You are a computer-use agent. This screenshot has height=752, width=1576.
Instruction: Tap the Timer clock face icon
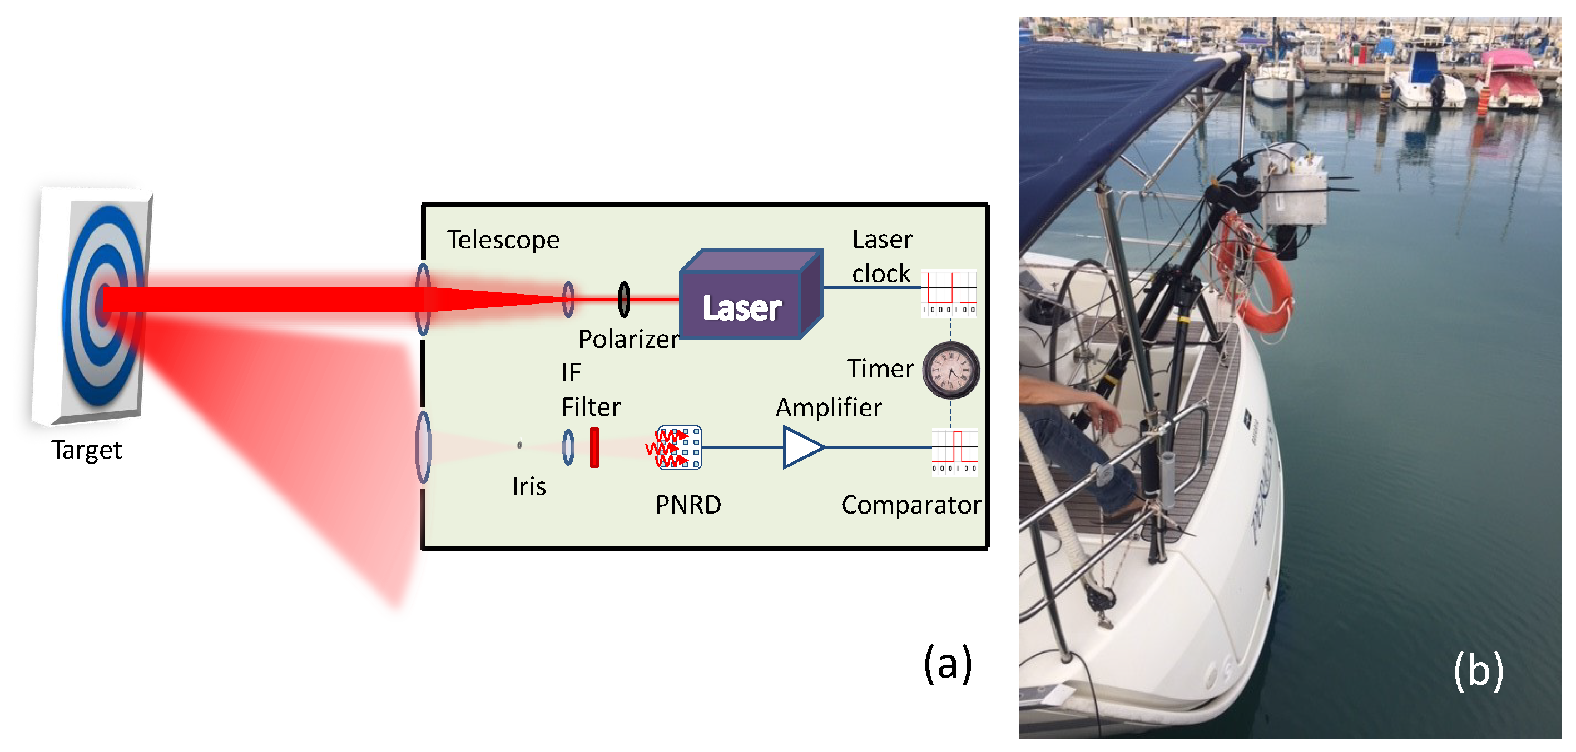coord(950,371)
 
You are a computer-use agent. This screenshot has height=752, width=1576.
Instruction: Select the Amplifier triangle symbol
coord(801,447)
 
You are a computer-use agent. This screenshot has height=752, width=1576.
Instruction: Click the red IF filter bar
coord(594,447)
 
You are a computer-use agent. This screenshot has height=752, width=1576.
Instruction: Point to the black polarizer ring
coord(623,299)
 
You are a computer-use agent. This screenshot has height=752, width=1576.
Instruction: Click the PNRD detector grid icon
coord(679,447)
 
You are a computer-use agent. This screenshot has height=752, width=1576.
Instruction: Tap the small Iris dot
coord(519,445)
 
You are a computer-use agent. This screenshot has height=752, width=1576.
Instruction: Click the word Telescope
coord(503,240)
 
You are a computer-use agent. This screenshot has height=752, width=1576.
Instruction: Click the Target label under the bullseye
coord(86,450)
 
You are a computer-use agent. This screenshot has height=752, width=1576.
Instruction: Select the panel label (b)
coord(1478,670)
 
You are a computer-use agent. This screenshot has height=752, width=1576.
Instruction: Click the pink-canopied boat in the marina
coord(1511,79)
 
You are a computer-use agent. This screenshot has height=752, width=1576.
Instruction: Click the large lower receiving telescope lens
coord(423,447)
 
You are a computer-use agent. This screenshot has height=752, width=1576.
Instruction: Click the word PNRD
coord(688,505)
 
